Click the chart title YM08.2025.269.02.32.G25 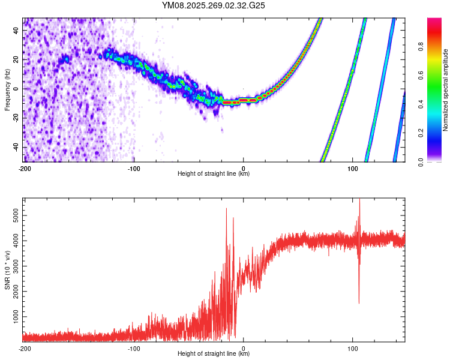pyautogui.click(x=214, y=5)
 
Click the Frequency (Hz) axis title pyautogui.click(x=7, y=90)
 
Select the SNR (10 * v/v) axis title pyautogui.click(x=7, y=270)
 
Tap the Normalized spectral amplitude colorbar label pyautogui.click(x=446, y=90)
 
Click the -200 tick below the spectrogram pyautogui.click(x=25, y=168)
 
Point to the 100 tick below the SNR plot pyautogui.click(x=353, y=348)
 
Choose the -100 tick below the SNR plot pyautogui.click(x=134, y=348)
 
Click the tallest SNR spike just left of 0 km pyautogui.click(x=226, y=209)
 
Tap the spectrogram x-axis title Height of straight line pyautogui.click(x=214, y=174)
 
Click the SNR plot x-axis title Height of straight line pyautogui.click(x=214, y=354)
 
